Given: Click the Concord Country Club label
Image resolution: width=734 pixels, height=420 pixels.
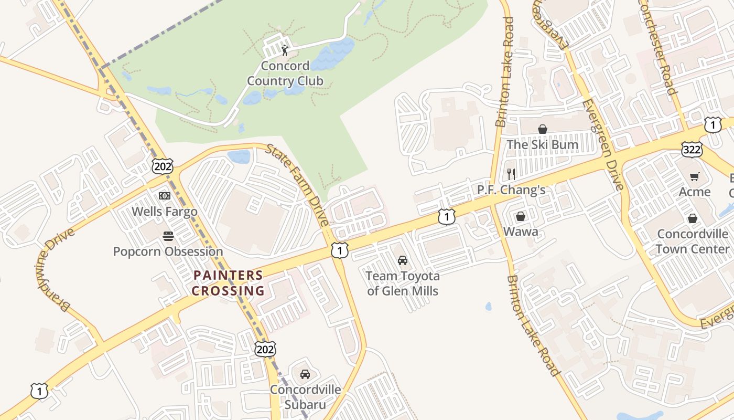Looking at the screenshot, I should tap(285, 73).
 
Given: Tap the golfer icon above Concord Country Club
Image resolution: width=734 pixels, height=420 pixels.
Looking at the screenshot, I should tap(285, 50).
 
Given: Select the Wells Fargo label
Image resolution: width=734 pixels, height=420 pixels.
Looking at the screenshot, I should tap(165, 212).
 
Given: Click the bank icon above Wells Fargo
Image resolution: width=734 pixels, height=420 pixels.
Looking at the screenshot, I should tap(165, 196).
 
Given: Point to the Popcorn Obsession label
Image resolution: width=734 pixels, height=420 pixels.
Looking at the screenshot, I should tap(168, 251).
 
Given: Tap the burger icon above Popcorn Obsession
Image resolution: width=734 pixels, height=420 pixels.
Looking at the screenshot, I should tap(168, 236).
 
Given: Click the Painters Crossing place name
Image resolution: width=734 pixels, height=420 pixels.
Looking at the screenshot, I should tap(228, 283).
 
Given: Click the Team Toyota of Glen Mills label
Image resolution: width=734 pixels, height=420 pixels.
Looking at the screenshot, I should tap(403, 283).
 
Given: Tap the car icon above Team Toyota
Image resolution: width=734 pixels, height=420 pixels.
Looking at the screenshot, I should tap(403, 260).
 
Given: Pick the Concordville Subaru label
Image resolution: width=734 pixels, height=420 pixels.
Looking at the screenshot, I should tap(305, 397).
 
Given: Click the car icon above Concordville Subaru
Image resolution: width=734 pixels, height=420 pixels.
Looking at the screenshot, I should tap(305, 374).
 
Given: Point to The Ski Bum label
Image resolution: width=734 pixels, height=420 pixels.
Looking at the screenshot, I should tap(542, 144).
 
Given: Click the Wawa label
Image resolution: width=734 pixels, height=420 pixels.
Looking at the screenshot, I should tap(521, 232).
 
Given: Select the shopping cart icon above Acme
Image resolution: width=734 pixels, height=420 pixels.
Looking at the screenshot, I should tap(695, 177).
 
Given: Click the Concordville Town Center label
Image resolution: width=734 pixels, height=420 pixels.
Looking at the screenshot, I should tap(693, 241).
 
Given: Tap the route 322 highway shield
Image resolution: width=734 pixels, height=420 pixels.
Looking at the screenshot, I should tap(692, 150).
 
